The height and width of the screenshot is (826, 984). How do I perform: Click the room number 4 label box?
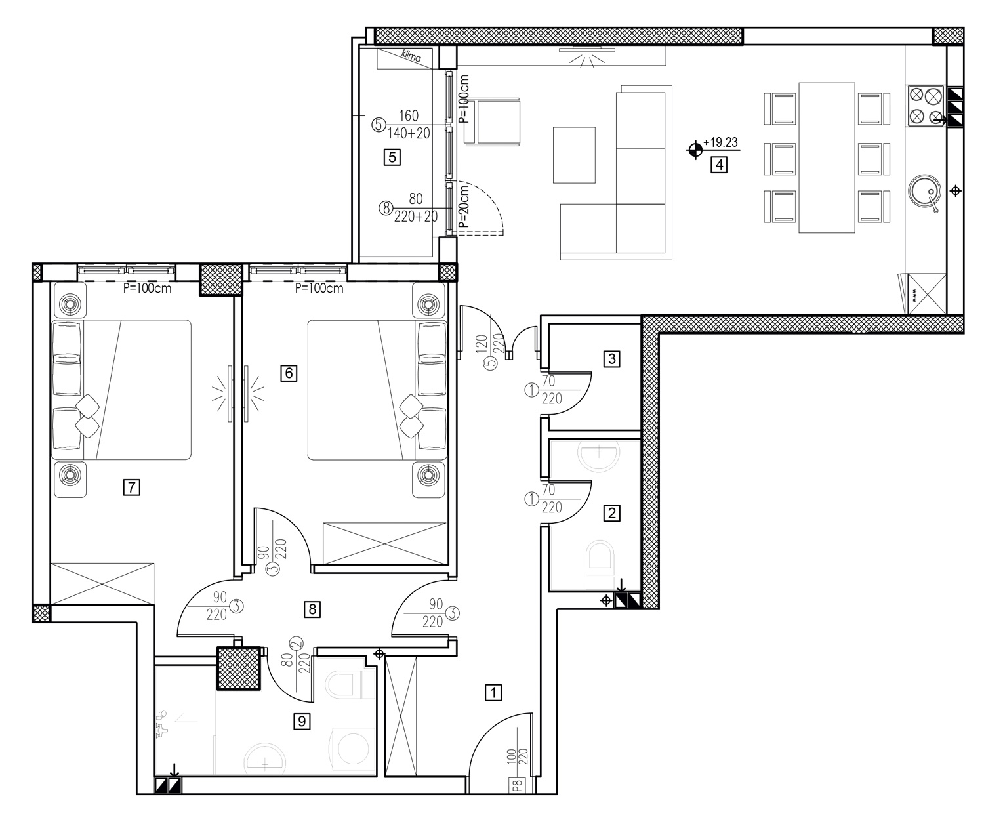click(x=719, y=165)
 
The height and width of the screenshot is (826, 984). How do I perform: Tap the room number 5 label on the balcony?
click(x=392, y=157)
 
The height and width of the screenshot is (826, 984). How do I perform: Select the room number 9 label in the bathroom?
click(x=302, y=721)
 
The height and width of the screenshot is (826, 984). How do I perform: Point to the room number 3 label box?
click(x=611, y=359)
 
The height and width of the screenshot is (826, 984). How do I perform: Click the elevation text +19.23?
click(x=720, y=142)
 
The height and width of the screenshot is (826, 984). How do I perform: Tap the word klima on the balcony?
click(x=411, y=56)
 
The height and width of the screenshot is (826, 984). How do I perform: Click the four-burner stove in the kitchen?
click(x=925, y=106)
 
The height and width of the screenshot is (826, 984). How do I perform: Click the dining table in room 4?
click(x=827, y=157)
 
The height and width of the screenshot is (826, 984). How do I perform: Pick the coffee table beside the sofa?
click(x=574, y=155)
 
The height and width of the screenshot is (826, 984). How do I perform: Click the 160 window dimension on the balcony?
click(x=409, y=115)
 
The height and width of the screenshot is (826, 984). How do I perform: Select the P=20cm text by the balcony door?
click(x=464, y=206)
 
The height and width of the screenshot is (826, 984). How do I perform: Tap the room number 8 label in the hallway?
click(x=312, y=609)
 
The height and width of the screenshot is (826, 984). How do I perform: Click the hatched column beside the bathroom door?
click(x=239, y=669)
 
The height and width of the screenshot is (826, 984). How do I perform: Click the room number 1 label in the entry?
click(x=493, y=693)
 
